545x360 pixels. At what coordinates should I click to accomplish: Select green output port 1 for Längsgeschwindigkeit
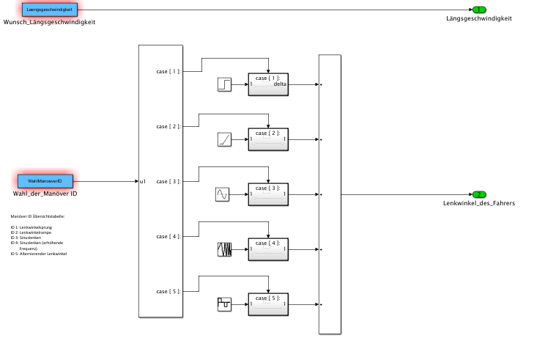coord(479,10)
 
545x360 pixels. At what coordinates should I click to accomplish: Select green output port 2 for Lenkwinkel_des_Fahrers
coord(478,194)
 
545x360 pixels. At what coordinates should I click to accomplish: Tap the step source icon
coord(224,84)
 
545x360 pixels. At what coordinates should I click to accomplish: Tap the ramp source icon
coord(224,139)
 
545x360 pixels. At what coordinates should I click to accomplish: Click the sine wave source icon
coord(223,194)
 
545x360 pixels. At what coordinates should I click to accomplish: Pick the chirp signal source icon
coord(224,249)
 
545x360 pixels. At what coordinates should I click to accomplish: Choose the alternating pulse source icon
coord(224,304)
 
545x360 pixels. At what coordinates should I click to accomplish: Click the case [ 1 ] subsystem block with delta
coord(268,84)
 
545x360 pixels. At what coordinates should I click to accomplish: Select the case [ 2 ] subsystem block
coord(268,139)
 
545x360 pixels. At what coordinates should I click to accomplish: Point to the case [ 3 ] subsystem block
coord(268,194)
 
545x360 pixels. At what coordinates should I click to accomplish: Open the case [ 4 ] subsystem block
coord(268,249)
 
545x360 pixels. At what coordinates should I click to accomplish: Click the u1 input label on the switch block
coord(144,181)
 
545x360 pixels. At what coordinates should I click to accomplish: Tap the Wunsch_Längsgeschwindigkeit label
coord(49,22)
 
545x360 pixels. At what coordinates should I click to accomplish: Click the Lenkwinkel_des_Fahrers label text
coord(479,203)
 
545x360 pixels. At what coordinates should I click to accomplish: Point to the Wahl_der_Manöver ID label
coord(45,193)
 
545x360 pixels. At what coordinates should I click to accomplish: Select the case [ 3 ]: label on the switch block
coord(168,181)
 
